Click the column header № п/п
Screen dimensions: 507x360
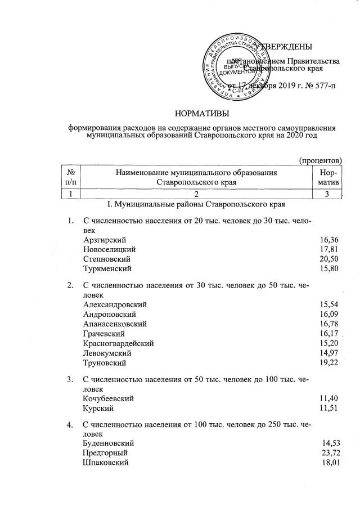(71, 178)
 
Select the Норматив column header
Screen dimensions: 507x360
(328, 178)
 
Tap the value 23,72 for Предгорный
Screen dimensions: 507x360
(329, 454)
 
